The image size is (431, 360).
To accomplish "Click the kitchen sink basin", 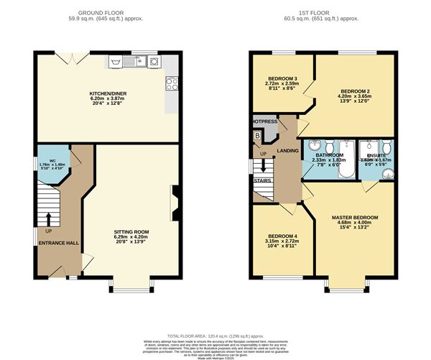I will coord(133,63).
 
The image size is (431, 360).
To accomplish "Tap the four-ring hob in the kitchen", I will coord(172,83).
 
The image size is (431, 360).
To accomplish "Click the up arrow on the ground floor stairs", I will coord(49,219).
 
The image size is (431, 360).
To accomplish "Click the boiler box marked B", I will coord(256,137).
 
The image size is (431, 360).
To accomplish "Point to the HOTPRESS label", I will coord(265,122).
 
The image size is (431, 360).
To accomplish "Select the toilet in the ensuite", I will coord(366,144).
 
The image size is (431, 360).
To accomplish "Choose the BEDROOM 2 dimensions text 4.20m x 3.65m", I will coord(355,98).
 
